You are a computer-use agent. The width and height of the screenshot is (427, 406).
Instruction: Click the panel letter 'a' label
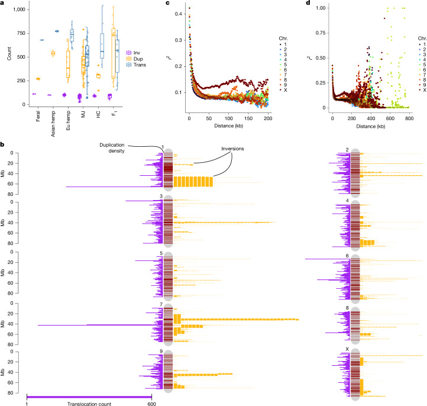(x=3, y=4)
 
